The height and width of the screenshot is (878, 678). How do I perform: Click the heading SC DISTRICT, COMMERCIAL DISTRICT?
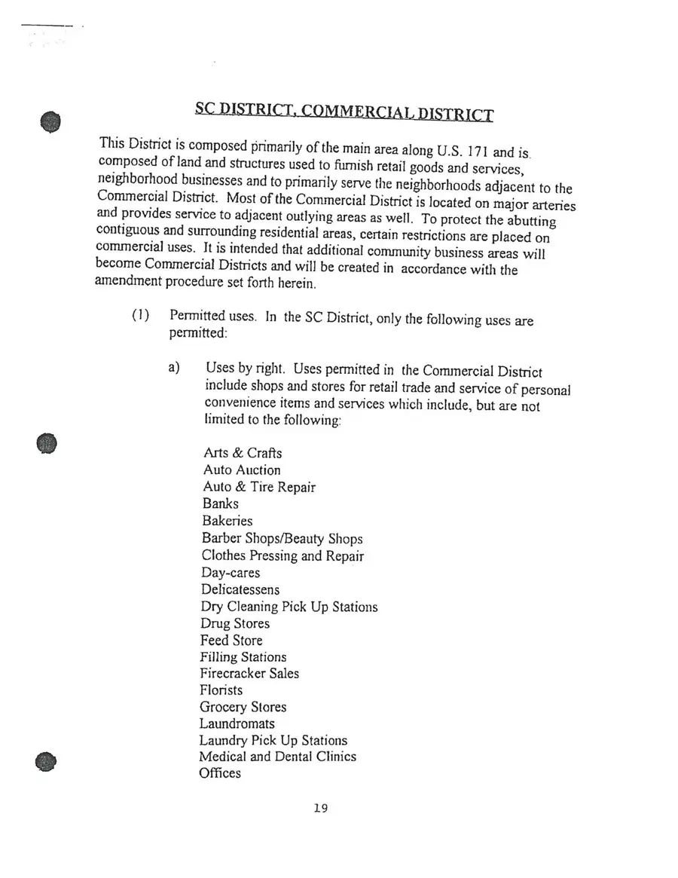tap(344, 112)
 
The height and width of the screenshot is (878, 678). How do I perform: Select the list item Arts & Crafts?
tap(243, 453)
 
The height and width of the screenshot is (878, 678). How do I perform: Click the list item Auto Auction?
tap(241, 470)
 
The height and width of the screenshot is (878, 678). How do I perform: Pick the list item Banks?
tap(220, 503)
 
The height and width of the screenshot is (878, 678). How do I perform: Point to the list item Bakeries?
tap(227, 521)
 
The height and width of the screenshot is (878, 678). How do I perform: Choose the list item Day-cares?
tap(230, 573)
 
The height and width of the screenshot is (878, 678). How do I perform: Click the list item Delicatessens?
tap(240, 589)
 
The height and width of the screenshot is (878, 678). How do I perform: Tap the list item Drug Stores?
tap(234, 623)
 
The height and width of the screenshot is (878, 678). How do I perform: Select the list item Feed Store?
tap(231, 641)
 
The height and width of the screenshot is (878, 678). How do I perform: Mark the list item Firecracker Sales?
tap(249, 674)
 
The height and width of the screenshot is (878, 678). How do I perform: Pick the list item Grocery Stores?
tap(243, 707)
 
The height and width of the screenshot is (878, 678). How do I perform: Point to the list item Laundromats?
tap(237, 724)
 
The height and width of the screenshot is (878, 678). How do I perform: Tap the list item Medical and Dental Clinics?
tap(277, 757)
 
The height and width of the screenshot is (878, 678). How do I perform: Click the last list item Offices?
tap(220, 773)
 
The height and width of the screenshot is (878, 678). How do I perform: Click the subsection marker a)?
tap(176, 369)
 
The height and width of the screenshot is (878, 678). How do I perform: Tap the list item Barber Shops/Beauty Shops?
tap(282, 539)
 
